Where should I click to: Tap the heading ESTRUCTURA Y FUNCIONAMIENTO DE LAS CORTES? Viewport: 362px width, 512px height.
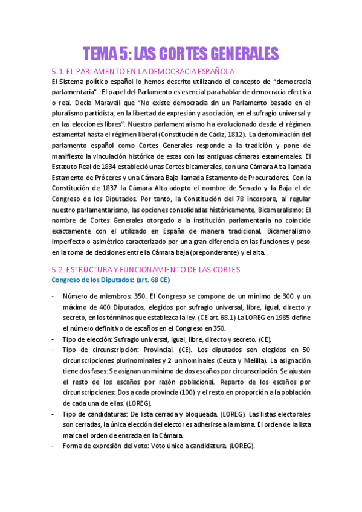(x=154, y=269)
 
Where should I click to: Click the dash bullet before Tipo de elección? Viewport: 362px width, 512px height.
(x=53, y=339)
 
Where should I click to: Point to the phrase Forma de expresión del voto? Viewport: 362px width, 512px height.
(x=111, y=446)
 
